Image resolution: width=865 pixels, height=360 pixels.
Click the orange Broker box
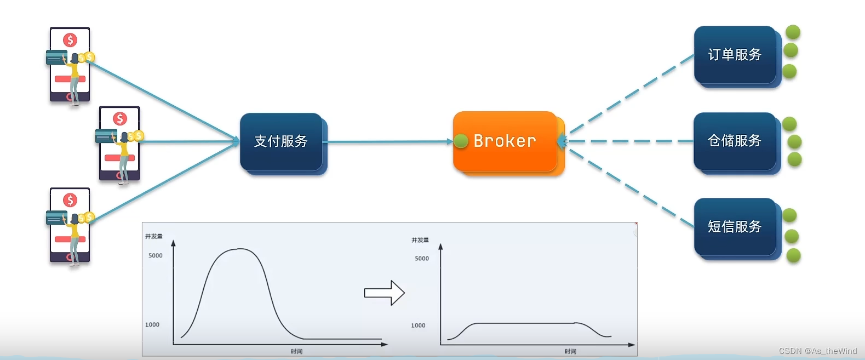[x=505, y=141]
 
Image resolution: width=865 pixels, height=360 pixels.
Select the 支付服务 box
[x=281, y=141]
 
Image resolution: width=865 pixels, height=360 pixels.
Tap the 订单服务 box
[x=735, y=55]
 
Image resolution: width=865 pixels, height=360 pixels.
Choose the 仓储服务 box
[x=735, y=141]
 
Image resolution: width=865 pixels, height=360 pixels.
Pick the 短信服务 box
[x=735, y=227]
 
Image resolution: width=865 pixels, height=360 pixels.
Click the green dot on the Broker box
[x=461, y=141]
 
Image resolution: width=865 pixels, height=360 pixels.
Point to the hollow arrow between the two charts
[x=384, y=293]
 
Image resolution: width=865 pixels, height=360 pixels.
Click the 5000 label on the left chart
[x=156, y=255]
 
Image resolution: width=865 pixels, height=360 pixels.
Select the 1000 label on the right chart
[x=418, y=325]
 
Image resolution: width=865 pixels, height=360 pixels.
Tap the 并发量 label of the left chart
[x=154, y=236]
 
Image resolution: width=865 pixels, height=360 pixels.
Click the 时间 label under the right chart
[x=570, y=351]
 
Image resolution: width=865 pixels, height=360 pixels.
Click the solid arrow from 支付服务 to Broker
[x=389, y=142]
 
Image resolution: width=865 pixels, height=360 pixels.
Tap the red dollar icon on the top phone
[x=70, y=40]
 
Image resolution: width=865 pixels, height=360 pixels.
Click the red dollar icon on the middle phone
[x=120, y=119]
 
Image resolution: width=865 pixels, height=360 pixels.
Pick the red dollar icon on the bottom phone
[x=70, y=200]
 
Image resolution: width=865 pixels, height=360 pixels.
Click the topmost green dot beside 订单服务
[x=793, y=32]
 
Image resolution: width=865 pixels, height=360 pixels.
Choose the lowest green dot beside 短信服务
[x=793, y=255]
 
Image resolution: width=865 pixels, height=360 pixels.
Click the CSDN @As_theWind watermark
[x=817, y=351]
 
